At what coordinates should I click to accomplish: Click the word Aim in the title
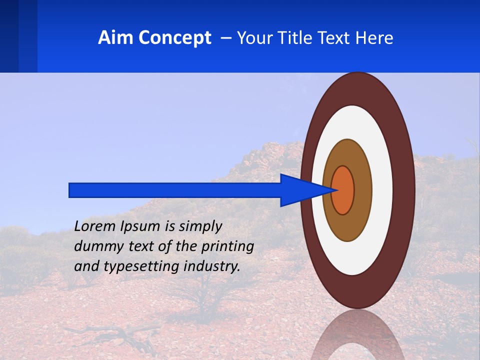pos(116,38)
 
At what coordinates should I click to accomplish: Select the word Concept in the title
pos(174,38)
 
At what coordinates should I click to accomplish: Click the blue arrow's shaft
pos(175,190)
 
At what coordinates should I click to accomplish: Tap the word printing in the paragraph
pos(227,247)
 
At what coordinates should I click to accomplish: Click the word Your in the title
pos(251,38)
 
